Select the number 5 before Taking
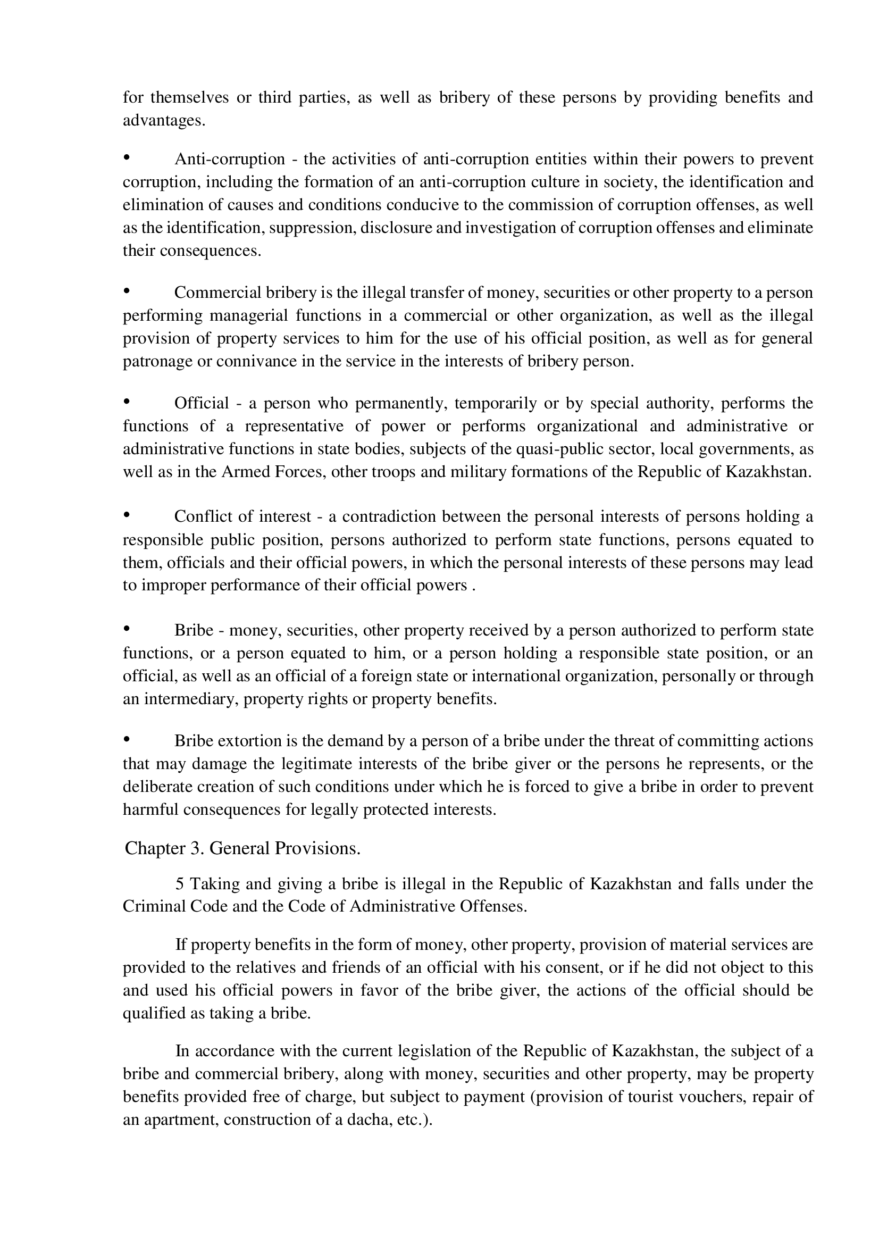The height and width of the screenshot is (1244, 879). [x=180, y=884]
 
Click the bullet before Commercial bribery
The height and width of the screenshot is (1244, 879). [x=127, y=291]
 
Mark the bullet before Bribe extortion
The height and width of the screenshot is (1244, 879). [x=127, y=739]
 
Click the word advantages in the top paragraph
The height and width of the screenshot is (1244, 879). [x=164, y=120]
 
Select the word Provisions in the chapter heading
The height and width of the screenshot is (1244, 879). [x=317, y=848]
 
